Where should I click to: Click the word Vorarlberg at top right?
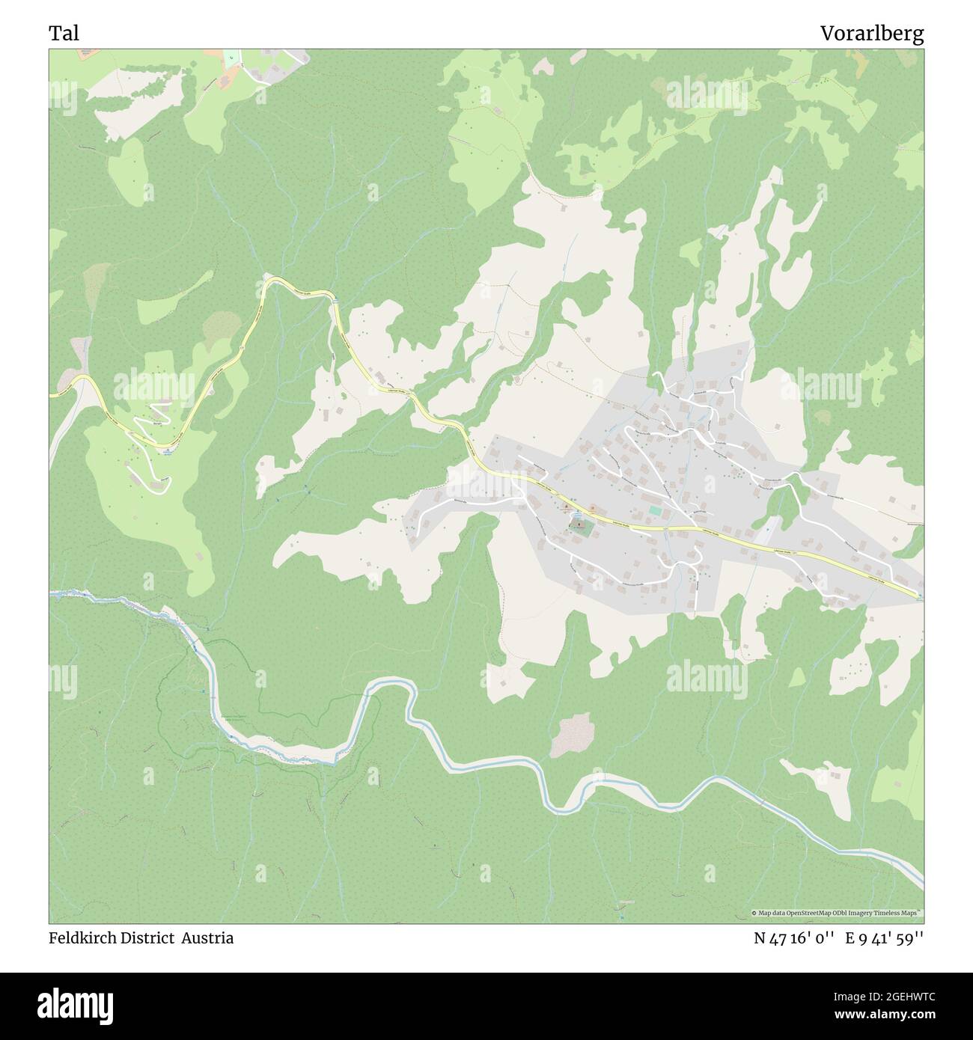(871, 33)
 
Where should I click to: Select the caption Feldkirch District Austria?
(141, 938)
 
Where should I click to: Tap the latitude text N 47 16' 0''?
(796, 938)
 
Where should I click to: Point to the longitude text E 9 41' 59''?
(885, 938)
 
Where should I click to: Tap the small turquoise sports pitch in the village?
(655, 510)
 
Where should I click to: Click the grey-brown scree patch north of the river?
(573, 735)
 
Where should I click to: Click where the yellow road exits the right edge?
(919, 596)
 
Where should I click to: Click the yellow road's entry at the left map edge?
(52, 395)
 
